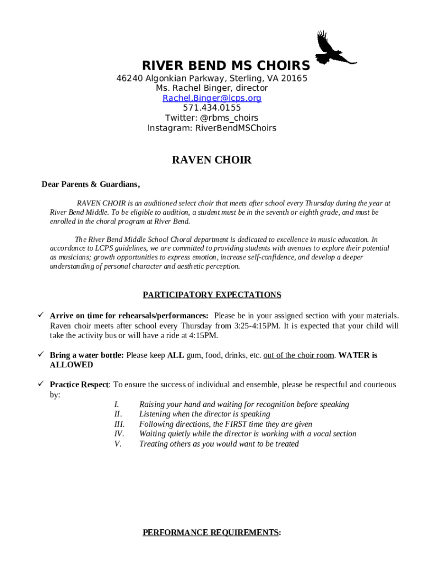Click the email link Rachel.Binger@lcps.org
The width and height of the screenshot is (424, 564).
tap(212, 98)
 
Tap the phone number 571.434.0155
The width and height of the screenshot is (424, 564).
tap(212, 108)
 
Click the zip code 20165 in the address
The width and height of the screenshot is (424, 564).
tap(294, 78)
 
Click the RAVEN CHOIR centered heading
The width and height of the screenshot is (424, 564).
tap(212, 160)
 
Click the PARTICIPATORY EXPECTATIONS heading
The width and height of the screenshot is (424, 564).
tap(212, 295)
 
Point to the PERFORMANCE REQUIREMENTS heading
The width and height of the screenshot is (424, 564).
tap(212, 533)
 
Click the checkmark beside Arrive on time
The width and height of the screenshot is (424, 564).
tap(40, 316)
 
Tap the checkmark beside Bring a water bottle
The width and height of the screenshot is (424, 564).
tap(40, 355)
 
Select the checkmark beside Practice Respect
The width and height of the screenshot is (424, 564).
tap(40, 384)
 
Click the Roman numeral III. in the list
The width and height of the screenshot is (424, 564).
tap(119, 424)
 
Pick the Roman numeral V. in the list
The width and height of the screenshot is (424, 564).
tap(118, 444)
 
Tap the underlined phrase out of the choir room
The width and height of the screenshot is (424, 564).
tap(298, 355)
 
